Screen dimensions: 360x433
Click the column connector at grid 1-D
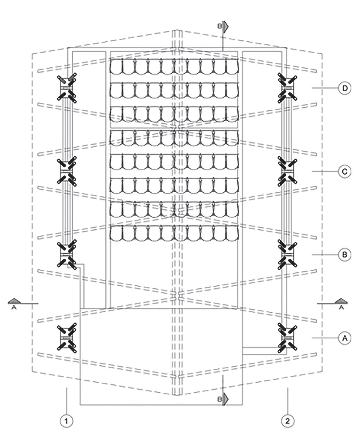click(x=67, y=88)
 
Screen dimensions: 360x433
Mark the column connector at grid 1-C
click(x=67, y=171)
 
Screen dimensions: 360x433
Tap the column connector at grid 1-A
click(x=67, y=338)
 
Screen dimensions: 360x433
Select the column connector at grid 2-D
click(x=287, y=88)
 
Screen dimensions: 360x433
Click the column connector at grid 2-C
click(x=287, y=171)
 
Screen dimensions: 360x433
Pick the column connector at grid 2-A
click(x=287, y=338)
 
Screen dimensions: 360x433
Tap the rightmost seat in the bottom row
click(x=232, y=233)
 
